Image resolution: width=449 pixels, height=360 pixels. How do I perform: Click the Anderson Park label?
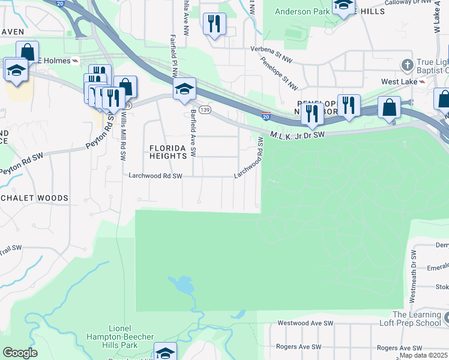click(x=302, y=11)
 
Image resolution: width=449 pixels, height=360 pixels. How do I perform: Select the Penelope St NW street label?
click(x=280, y=73)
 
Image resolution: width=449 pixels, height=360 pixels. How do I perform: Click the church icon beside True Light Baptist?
click(x=407, y=64)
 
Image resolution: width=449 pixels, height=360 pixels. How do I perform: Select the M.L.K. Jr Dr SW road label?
click(x=297, y=135)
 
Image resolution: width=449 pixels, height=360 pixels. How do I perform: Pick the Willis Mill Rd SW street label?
click(x=123, y=136)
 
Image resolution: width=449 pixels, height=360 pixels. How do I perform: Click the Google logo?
click(x=20, y=353)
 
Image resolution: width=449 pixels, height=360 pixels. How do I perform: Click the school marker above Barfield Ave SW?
click(x=184, y=89)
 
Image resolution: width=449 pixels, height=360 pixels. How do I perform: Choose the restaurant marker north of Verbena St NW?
click(x=214, y=24)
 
